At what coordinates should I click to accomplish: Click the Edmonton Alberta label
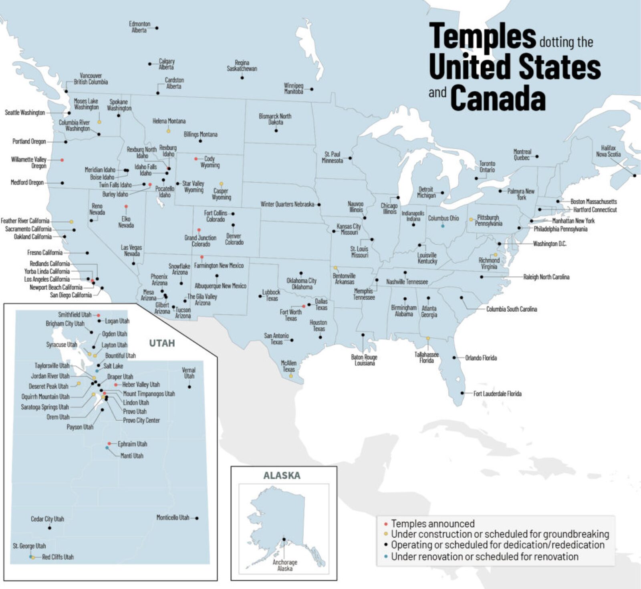coord(139,27)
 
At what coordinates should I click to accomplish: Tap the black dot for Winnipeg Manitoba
coord(312,89)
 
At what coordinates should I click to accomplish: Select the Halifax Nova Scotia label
coord(608,151)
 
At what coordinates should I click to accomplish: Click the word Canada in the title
coord(498,98)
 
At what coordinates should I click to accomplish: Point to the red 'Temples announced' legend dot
coord(385,524)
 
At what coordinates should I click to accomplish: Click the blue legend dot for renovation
coord(385,557)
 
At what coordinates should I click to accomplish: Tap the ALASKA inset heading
coord(282,476)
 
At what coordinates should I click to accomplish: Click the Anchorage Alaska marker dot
coord(284,539)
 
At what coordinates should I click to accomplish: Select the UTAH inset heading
coord(162,343)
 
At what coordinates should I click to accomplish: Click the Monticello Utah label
coord(173,518)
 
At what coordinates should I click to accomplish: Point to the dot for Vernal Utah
coord(189,387)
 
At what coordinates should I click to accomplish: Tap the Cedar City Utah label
coord(47,519)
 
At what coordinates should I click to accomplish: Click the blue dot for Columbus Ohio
coord(443,226)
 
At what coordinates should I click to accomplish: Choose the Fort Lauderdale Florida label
coord(497,394)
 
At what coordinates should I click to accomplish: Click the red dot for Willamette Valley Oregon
coord(62,160)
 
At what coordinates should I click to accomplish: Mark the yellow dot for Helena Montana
coord(168,131)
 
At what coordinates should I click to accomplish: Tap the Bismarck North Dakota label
coord(275,119)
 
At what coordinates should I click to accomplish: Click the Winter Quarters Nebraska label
coord(287,204)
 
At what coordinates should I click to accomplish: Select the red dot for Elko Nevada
coord(126,206)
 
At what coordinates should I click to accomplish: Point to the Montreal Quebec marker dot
coord(537,157)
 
